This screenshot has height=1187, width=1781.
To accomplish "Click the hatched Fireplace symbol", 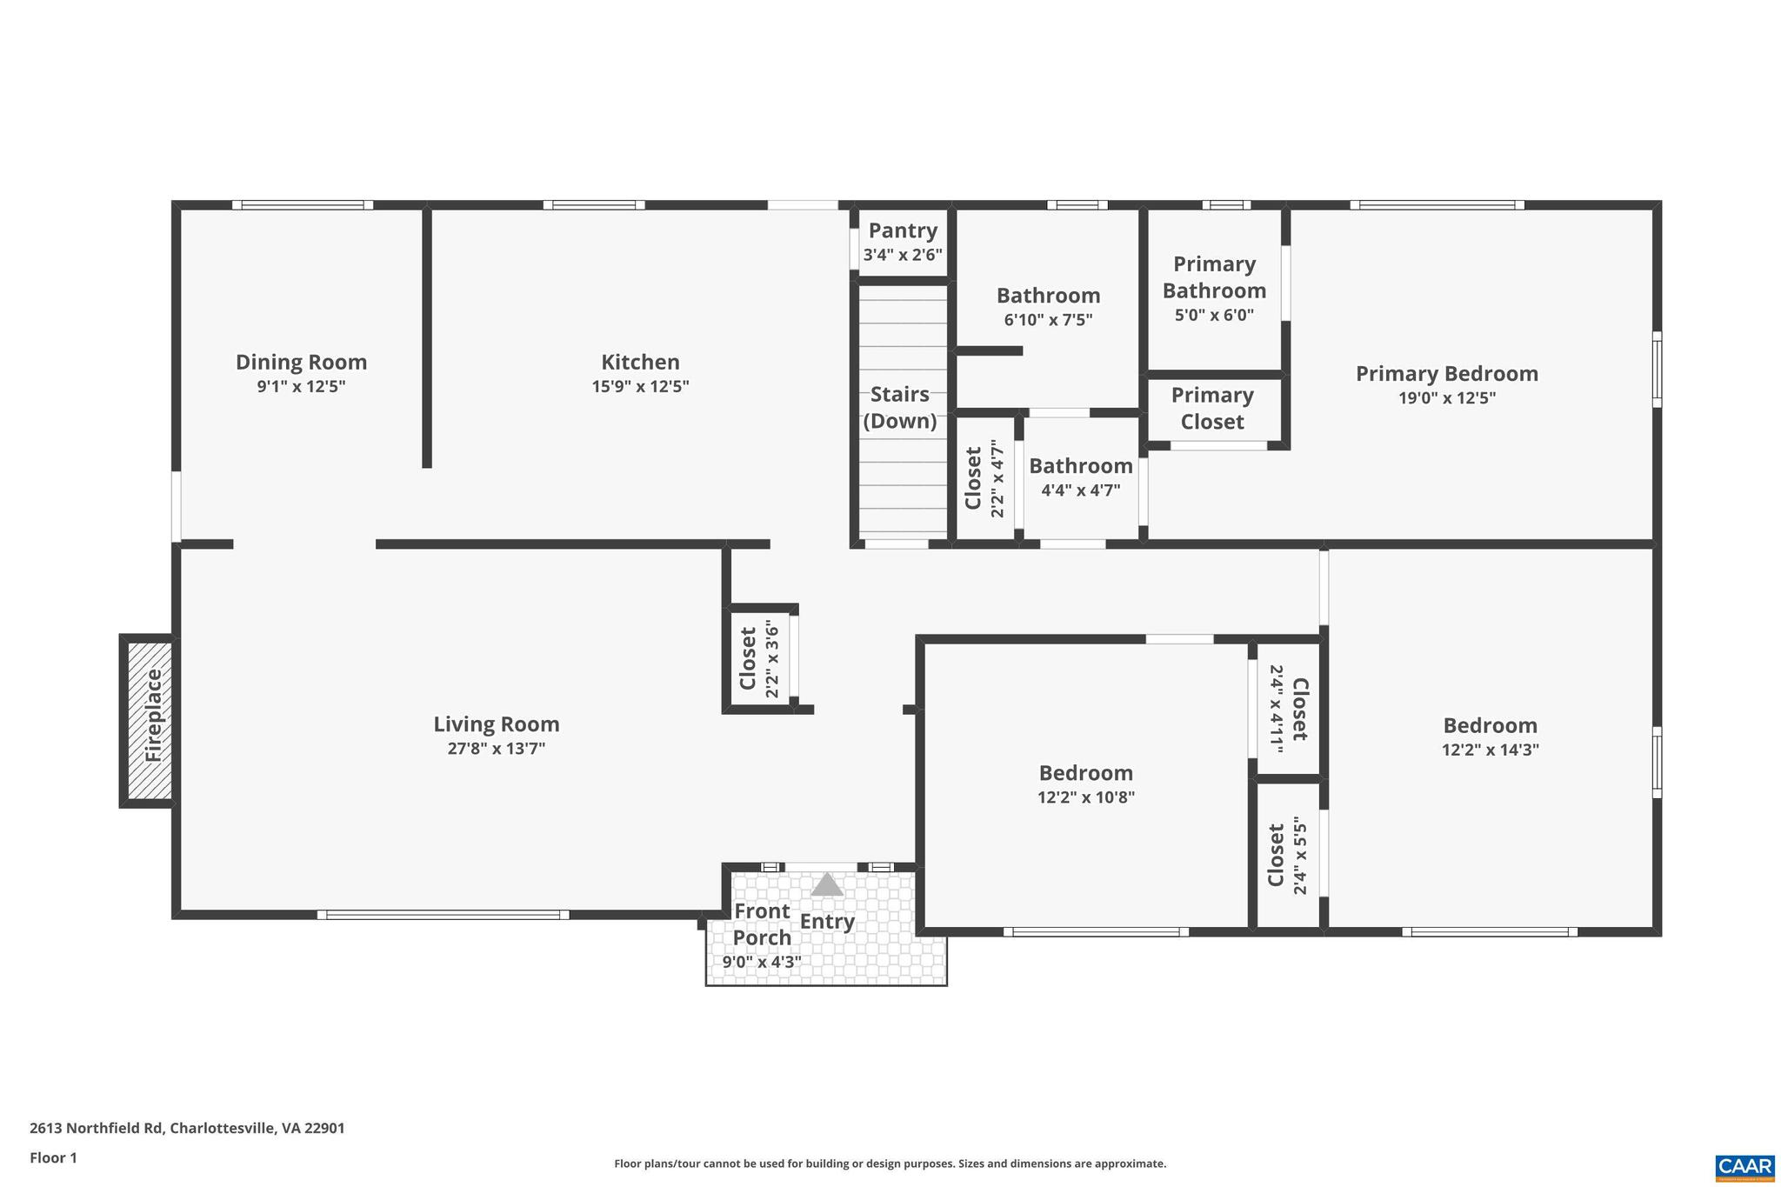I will coord(149,720).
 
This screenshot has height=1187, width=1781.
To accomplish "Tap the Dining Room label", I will coord(301,362).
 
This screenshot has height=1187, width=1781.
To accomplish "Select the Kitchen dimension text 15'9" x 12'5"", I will coord(640,386).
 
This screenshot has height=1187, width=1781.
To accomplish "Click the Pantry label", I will coord(903,230).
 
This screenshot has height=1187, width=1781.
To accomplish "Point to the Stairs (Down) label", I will coord(900,408).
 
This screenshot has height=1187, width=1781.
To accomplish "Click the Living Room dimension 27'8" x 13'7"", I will coord(496,749).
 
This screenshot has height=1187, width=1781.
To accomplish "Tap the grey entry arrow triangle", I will coord(827,885).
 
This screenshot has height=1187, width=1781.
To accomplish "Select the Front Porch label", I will coord(762,924).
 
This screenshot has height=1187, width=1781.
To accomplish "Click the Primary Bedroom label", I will coord(1446,374).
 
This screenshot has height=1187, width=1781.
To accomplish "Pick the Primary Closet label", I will coord(1212,409).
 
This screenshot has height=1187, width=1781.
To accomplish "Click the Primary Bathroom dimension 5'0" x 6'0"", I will coord(1214,315).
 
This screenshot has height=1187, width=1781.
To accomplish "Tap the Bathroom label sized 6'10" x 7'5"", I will coord(1048,296).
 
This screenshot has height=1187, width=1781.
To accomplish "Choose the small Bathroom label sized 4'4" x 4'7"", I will coord(1080,466).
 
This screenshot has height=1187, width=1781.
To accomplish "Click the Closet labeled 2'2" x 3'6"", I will coord(748,658).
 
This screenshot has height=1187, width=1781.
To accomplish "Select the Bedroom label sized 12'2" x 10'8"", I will coord(1085,773).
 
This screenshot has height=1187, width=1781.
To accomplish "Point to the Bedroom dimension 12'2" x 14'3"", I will coord(1490,750).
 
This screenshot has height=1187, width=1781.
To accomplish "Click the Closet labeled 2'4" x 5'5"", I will coord(1277,855).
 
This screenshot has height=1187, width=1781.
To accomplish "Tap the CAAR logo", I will coord(1744,1165).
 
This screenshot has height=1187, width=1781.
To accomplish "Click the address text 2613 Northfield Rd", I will coord(96,1129).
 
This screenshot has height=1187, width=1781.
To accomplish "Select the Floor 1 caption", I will coord(53,1157).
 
